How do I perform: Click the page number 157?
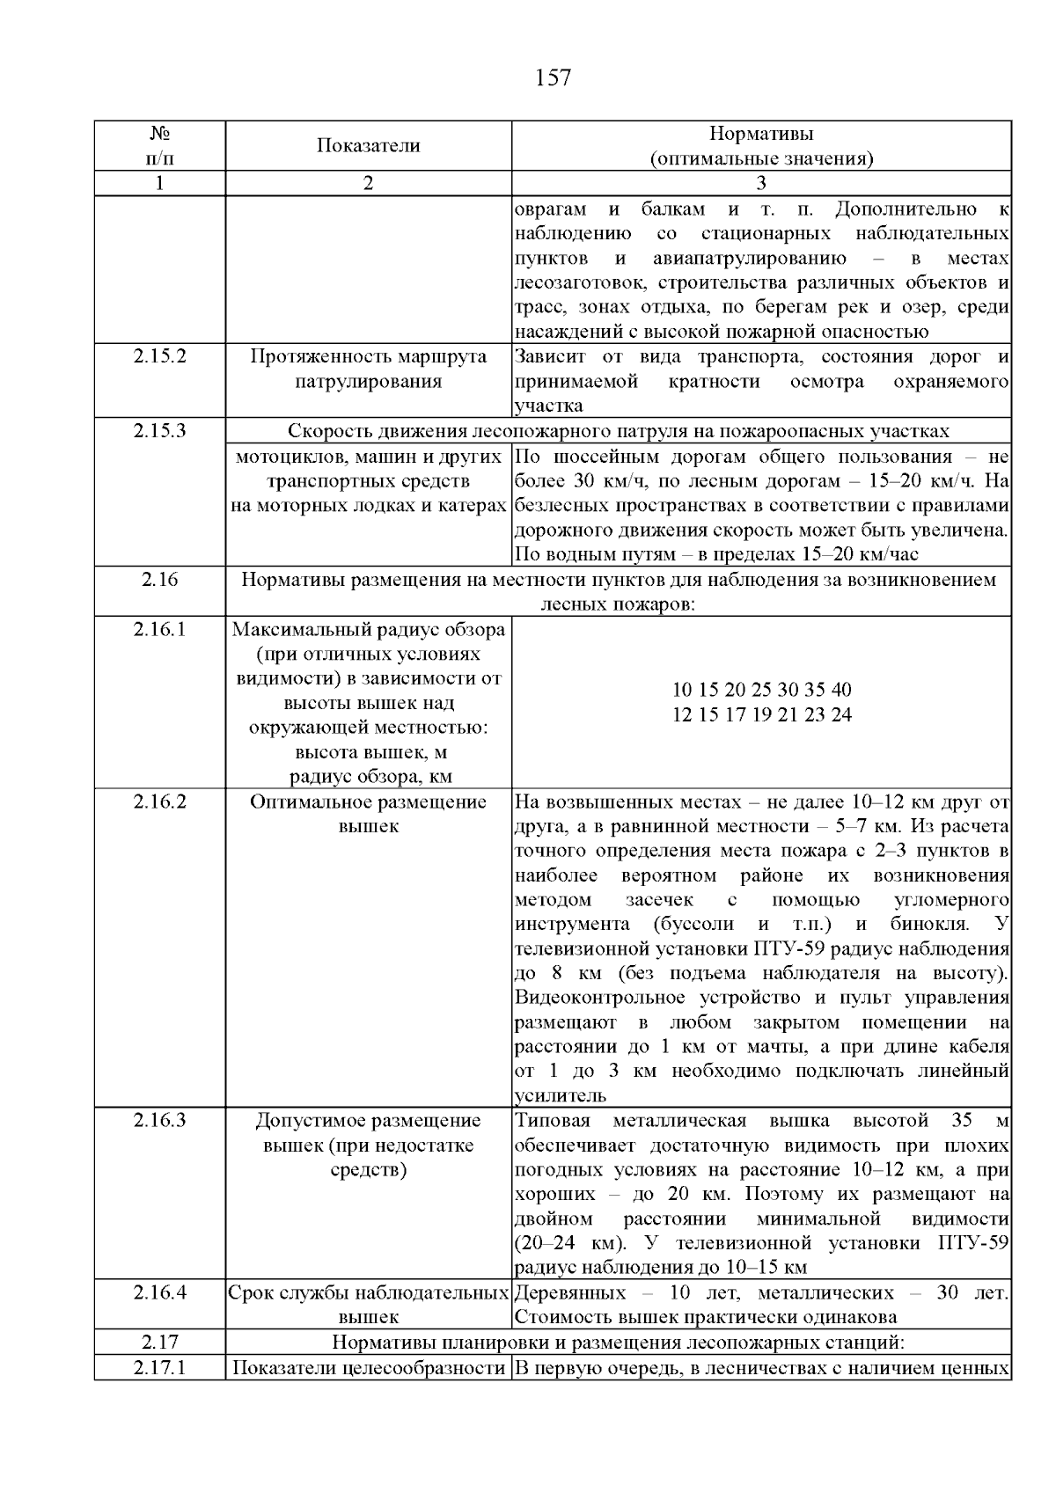[553, 78]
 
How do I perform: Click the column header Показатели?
[369, 146]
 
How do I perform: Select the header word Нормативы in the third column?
[761, 134]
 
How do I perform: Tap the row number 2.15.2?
[160, 357]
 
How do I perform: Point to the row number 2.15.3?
[160, 431]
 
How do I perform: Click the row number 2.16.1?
[160, 630]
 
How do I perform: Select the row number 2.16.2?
[160, 802]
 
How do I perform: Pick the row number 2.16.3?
[160, 1121]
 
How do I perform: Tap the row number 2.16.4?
[160, 1293]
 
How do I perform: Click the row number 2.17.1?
[160, 1368]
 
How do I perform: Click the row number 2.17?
[160, 1343]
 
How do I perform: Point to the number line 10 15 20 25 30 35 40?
[761, 690]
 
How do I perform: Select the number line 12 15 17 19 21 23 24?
[761, 714]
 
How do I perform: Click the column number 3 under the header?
[761, 183]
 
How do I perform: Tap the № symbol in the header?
[160, 134]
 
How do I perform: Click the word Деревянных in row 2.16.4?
[570, 1293]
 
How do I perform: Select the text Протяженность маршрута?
[369, 357]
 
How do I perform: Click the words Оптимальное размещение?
[369, 802]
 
